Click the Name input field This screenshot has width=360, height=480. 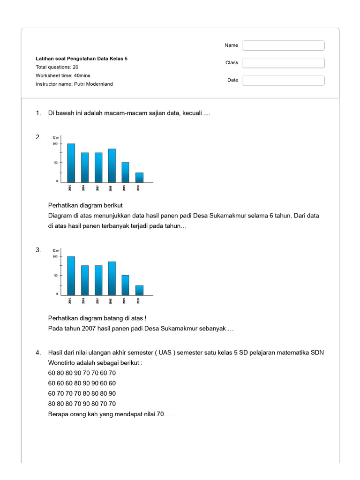point(283,45)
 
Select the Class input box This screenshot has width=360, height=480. point(283,63)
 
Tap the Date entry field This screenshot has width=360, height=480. point(283,80)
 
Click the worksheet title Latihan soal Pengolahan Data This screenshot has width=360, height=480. point(82,59)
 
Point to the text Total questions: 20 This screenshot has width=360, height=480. point(57,67)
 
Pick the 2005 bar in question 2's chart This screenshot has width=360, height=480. point(71,163)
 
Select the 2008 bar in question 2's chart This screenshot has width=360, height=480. point(112,165)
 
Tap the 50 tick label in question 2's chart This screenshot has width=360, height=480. point(55,163)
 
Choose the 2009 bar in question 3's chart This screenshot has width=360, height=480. point(125,285)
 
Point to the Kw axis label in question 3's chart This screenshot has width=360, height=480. point(56,251)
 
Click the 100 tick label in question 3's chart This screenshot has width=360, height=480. point(55,257)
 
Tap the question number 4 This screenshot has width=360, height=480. point(38,352)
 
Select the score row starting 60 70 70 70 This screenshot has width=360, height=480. point(82,394)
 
